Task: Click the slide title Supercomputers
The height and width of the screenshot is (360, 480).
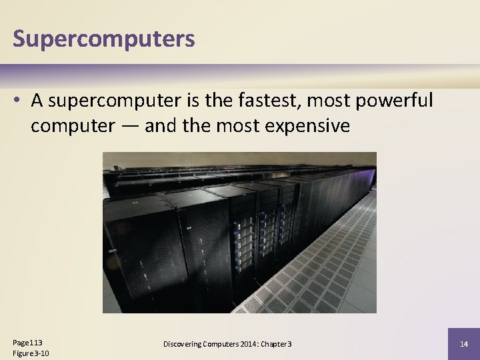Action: pyautogui.click(x=104, y=39)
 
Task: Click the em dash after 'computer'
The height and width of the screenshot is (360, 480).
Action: pyautogui.click(x=129, y=126)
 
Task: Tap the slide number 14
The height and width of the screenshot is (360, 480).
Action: pyautogui.click(x=465, y=344)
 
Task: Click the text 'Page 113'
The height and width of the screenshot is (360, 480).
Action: pyautogui.click(x=27, y=342)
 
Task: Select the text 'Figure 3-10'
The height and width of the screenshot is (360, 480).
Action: pyautogui.click(x=31, y=353)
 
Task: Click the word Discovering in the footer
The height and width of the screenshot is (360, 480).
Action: pyautogui.click(x=183, y=344)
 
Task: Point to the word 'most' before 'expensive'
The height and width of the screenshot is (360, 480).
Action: pyautogui.click(x=233, y=126)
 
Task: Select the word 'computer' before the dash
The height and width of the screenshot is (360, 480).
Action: pyautogui.click(x=73, y=126)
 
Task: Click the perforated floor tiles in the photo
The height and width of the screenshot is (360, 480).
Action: pyautogui.click(x=313, y=273)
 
